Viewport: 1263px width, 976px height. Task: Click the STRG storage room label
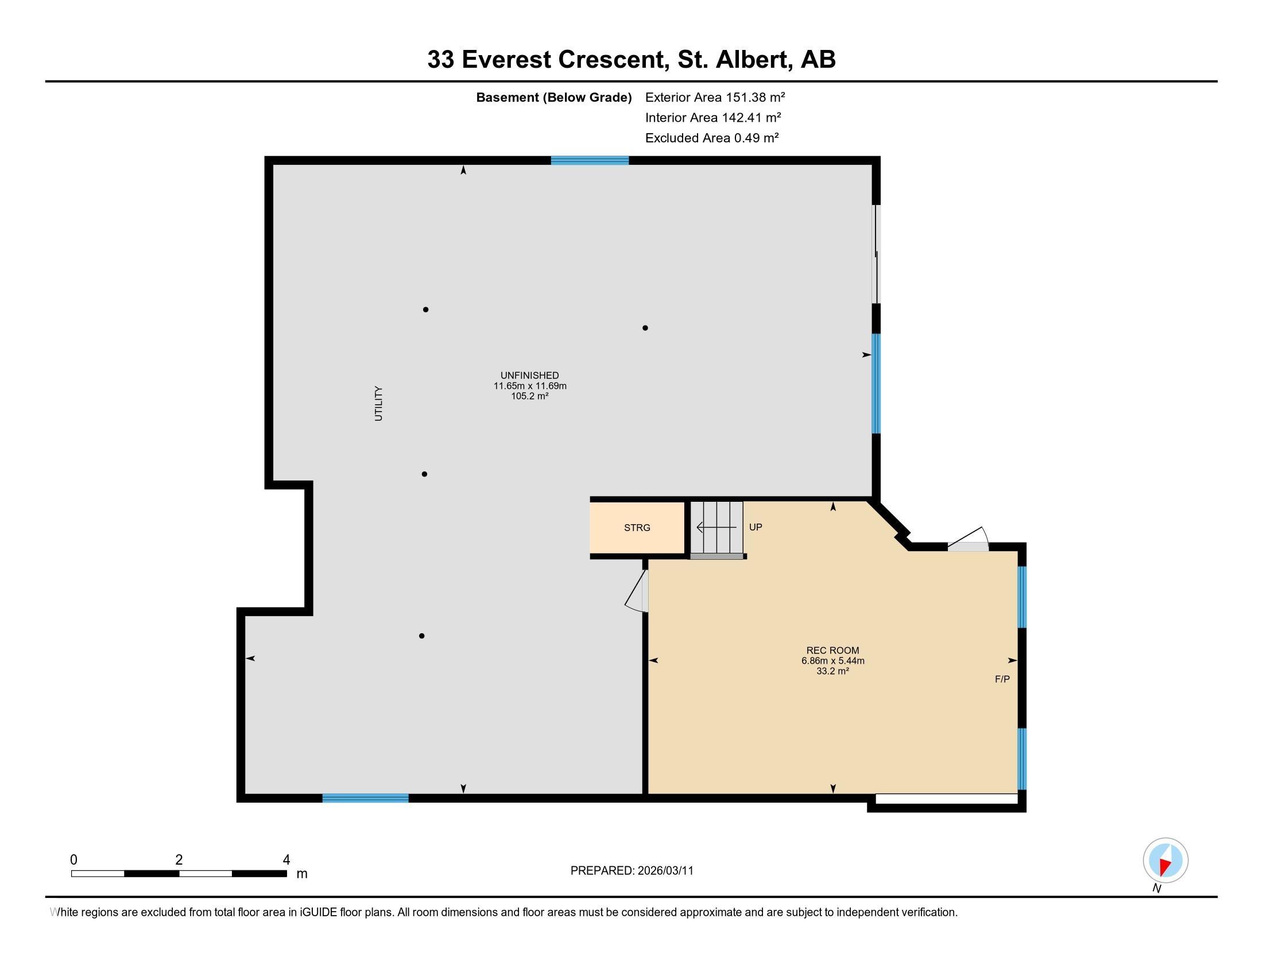637,527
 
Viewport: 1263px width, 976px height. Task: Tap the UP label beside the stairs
756,526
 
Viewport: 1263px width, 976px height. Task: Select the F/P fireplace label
1002,679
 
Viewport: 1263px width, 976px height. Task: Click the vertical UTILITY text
379,403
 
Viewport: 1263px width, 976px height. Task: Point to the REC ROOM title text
833,650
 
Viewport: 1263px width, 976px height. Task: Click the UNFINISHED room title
529,375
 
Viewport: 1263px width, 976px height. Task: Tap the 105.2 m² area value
529,397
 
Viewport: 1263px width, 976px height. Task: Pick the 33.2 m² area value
832,671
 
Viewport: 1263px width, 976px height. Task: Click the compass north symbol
1165,861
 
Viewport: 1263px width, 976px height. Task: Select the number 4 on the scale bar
286,860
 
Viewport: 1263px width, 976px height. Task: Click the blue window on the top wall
589,161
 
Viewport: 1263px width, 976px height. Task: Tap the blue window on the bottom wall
365,799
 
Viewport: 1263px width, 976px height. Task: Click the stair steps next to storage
717,526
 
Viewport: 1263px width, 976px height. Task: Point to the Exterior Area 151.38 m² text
715,97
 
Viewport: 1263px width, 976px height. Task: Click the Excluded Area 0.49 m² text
712,138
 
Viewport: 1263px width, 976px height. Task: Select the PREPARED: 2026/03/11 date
631,871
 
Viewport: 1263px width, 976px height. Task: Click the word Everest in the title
506,60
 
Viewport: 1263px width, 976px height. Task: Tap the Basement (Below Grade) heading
553,97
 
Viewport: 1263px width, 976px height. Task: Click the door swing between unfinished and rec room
638,592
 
